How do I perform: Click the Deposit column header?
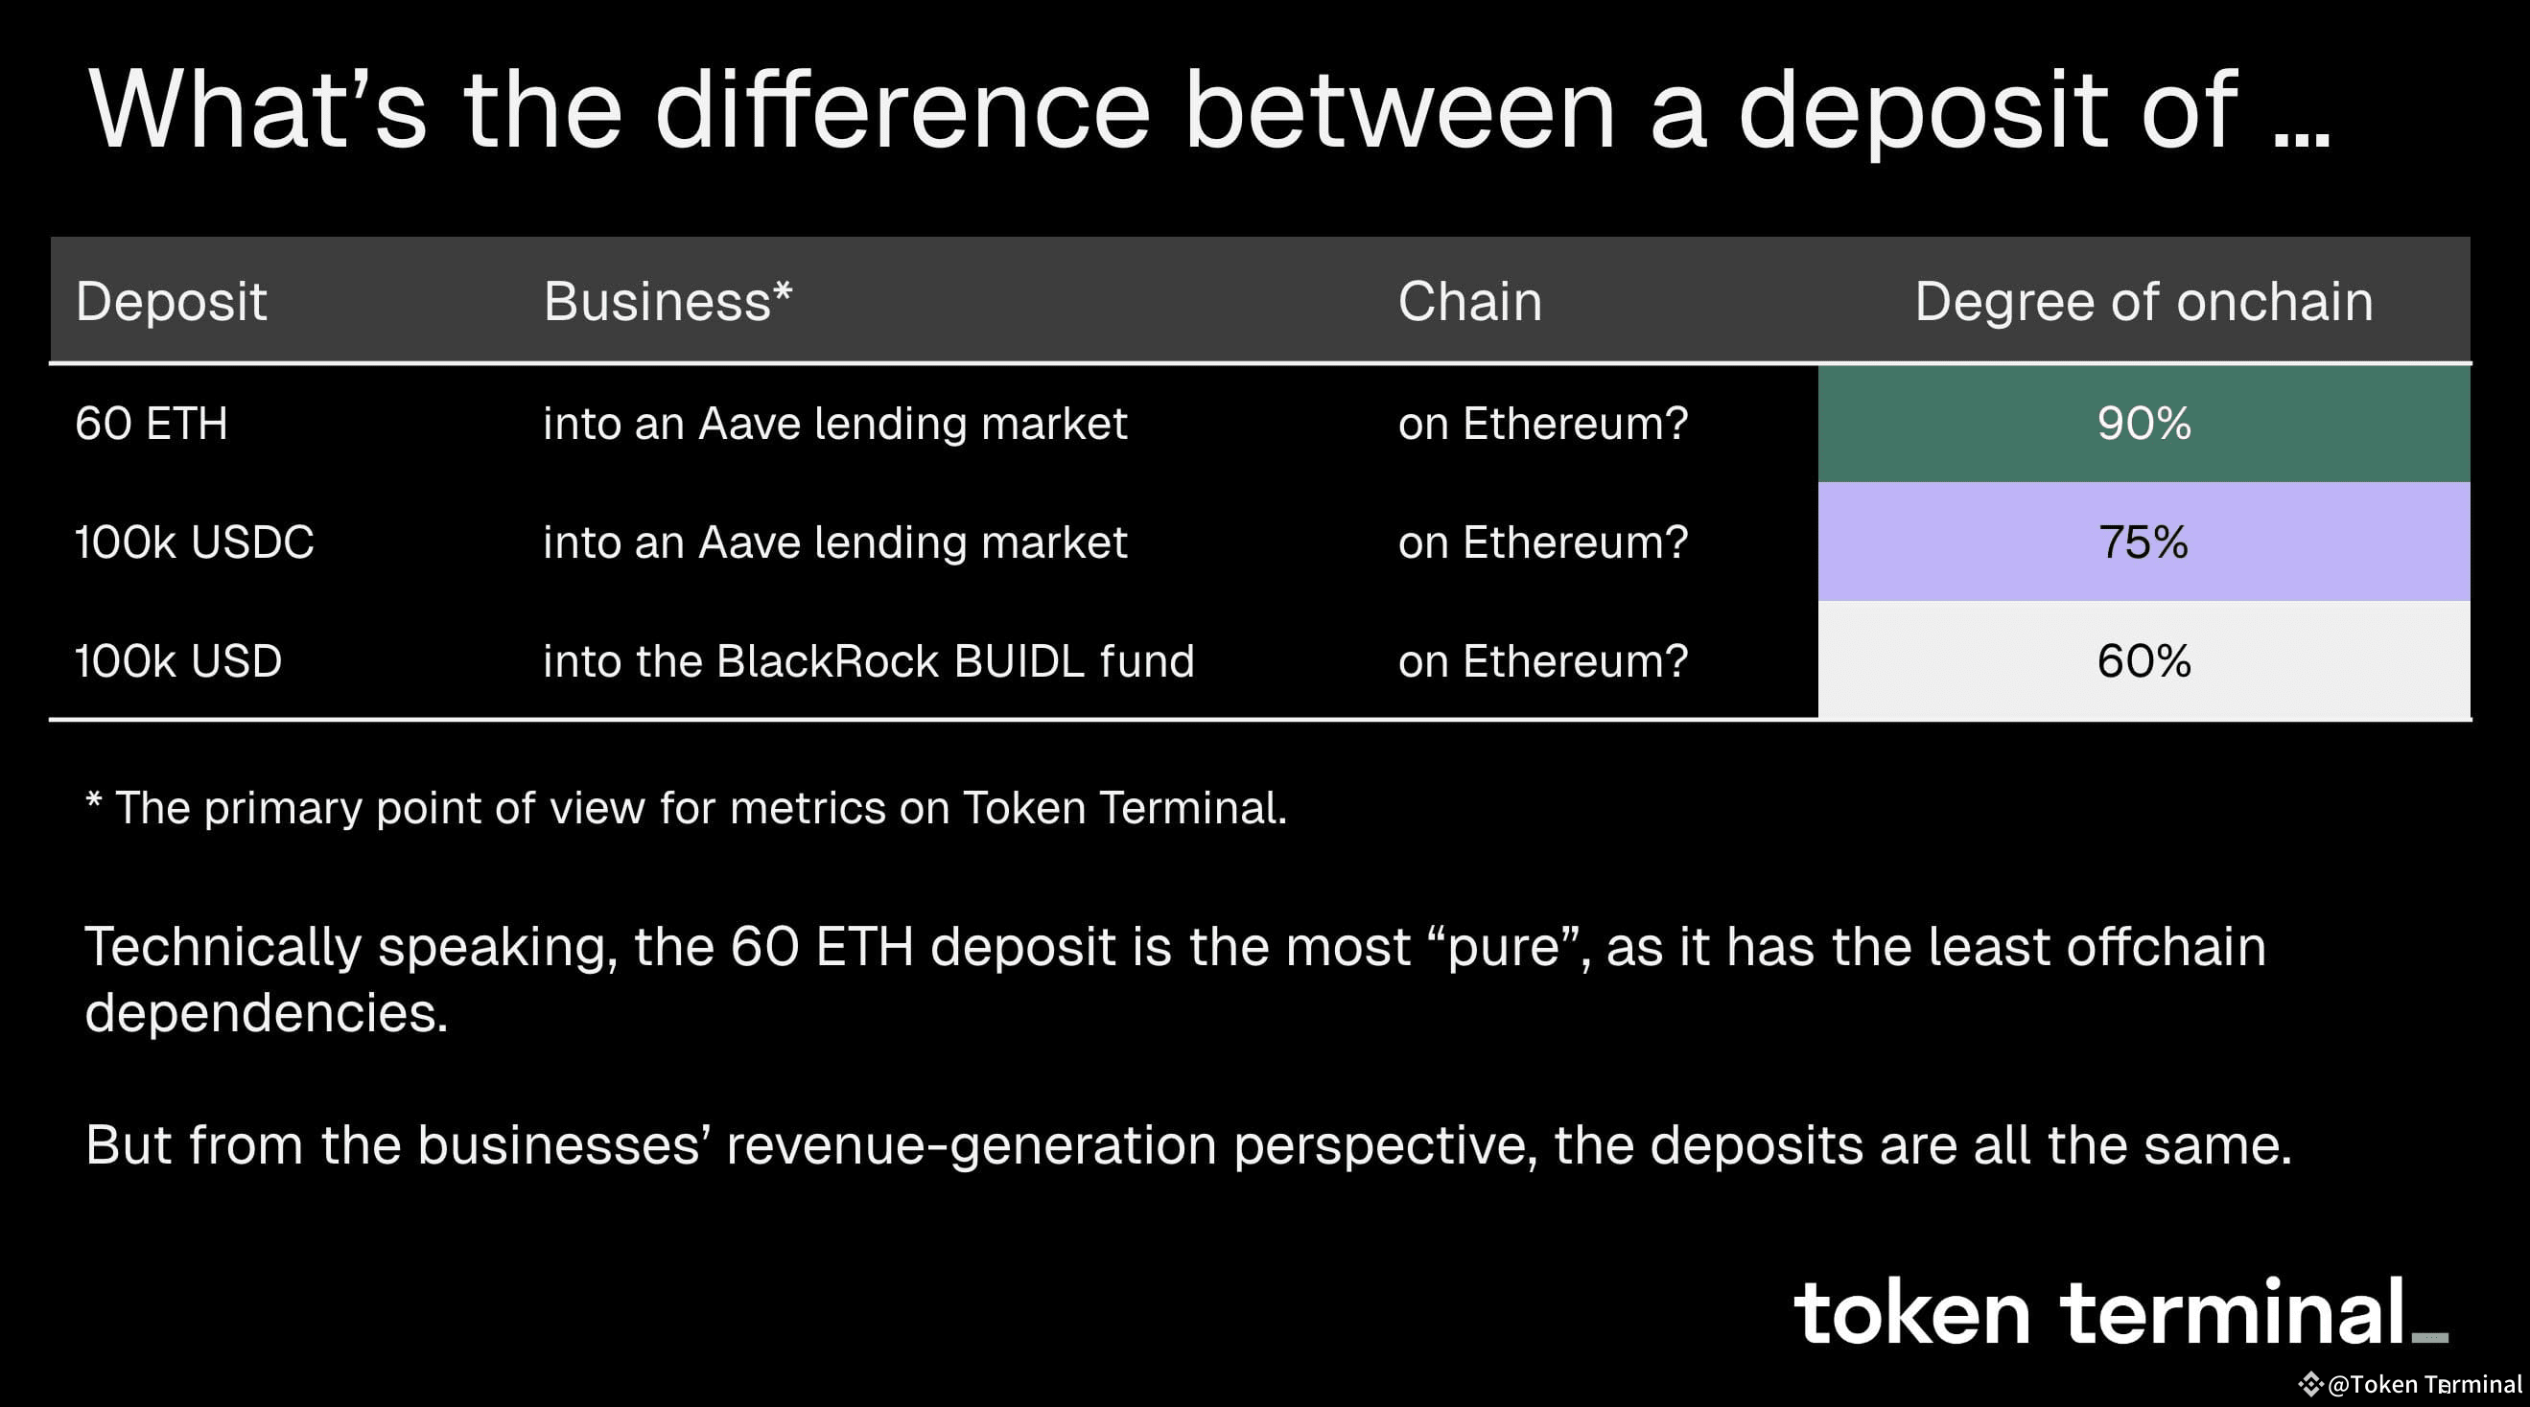[171, 300]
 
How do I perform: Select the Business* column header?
[667, 300]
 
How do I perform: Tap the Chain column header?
[1469, 300]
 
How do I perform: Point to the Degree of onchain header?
[2143, 300]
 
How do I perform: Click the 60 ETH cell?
[152, 425]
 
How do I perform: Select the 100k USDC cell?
[195, 542]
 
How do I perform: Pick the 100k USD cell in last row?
[178, 660]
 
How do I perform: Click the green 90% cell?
[2143, 425]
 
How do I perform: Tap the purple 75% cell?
[2143, 542]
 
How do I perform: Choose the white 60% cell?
[2143, 660]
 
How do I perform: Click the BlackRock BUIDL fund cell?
[868, 660]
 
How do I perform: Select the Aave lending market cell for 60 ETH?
[834, 425]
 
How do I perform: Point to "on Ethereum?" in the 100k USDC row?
[1542, 542]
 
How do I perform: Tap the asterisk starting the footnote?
[93, 800]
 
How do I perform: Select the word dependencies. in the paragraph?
[267, 1013]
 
